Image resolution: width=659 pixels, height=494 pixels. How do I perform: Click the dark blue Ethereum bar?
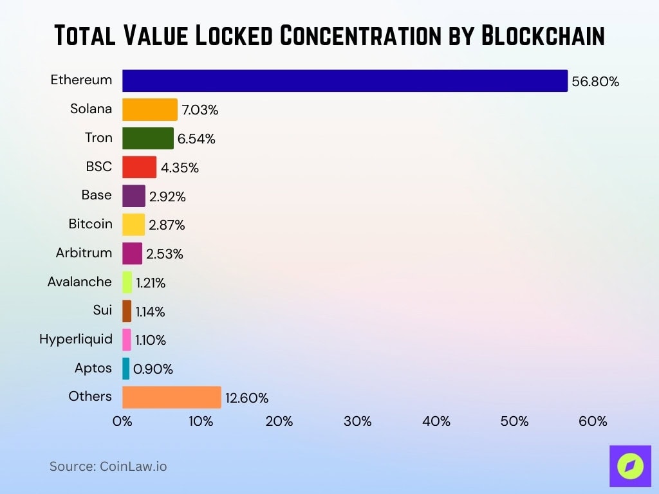pos(344,81)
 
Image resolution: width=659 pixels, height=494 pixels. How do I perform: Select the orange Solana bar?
pos(149,109)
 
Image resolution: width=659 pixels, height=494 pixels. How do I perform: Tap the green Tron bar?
pos(147,138)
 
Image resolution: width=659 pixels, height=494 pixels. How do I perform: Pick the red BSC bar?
pos(139,167)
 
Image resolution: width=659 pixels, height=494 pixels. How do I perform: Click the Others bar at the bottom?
pos(171,398)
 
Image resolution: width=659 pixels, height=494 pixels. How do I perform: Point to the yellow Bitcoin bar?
pos(133,224)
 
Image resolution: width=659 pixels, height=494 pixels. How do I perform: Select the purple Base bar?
pos(133,196)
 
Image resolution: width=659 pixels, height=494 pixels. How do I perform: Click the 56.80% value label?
pos(595,82)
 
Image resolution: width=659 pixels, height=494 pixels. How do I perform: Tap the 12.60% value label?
pos(246,398)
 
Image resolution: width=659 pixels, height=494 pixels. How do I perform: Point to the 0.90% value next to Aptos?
pos(153,369)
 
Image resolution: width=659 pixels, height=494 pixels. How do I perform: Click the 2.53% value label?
pos(165,254)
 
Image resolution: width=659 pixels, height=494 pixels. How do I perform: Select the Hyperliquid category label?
pos(76,339)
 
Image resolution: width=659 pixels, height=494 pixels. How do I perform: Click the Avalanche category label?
pos(80,282)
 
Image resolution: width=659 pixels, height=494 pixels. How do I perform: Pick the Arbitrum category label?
pos(84,253)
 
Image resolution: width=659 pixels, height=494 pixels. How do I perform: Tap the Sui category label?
pos(102,310)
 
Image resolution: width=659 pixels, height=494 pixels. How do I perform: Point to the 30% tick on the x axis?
pos(357,421)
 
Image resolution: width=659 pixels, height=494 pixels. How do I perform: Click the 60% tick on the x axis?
pos(593,421)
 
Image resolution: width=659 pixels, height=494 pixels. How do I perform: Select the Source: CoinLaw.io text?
pos(108,466)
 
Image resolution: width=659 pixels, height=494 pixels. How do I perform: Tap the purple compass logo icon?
pos(630,466)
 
